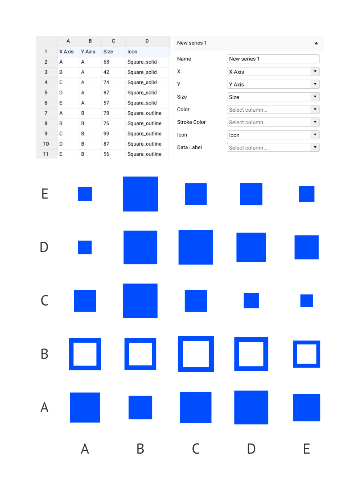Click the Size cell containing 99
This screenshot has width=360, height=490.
click(106, 134)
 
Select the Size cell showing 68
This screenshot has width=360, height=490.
click(106, 62)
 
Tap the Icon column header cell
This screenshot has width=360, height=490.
click(133, 52)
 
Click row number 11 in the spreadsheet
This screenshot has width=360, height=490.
click(46, 154)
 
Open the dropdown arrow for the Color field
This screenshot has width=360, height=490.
click(315, 110)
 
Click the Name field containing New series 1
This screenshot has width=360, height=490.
click(273, 59)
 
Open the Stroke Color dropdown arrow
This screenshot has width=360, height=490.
click(315, 122)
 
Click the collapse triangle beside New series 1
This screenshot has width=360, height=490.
click(316, 43)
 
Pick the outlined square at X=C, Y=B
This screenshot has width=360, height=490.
click(196, 354)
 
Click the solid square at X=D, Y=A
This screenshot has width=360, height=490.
click(251, 407)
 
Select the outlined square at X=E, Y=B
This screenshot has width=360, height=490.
click(307, 354)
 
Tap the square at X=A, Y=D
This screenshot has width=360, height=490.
click(85, 248)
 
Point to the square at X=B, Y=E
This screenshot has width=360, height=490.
click(140, 194)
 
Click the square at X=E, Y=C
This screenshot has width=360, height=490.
click(307, 301)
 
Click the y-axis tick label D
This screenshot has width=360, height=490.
click(44, 248)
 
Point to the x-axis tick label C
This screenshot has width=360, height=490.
click(196, 449)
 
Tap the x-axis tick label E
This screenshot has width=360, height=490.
click(307, 449)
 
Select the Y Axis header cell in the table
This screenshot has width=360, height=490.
click(88, 52)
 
